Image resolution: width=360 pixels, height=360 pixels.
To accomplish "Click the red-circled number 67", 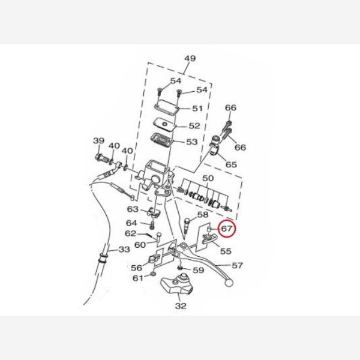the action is click(x=226, y=229).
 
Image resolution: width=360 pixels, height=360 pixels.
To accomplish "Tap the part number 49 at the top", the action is click(x=190, y=58).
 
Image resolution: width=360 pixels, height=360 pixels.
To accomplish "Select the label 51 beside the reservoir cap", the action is click(x=197, y=108).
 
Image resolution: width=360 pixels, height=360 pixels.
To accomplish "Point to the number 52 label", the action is click(x=194, y=125).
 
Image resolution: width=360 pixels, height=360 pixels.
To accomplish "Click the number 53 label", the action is click(x=192, y=142).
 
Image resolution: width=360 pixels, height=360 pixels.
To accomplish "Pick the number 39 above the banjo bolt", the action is click(x=98, y=140).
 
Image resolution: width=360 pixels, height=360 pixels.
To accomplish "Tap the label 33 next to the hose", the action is click(x=124, y=249).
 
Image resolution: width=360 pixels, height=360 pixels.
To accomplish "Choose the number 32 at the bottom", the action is click(x=181, y=306).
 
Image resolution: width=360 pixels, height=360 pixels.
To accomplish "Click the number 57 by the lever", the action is click(x=237, y=265).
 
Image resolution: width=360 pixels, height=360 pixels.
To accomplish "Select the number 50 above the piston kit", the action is click(x=208, y=178).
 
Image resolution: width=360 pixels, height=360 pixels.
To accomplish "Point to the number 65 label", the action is click(x=231, y=164).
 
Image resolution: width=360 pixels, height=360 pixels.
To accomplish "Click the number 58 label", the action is click(x=203, y=215).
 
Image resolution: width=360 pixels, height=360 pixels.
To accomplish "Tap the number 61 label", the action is click(x=138, y=278).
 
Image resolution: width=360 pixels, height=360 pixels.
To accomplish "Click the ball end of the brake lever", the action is click(x=229, y=283).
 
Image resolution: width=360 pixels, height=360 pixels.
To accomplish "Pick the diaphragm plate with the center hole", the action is click(x=164, y=125).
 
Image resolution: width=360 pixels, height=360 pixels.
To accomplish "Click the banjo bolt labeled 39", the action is click(x=103, y=158).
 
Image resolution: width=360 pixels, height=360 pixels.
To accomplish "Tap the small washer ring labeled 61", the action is click(x=153, y=274).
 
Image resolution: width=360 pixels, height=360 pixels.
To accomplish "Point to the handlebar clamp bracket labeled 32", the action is click(x=177, y=284).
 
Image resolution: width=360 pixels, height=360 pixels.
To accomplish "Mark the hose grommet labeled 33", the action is click(x=103, y=257).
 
